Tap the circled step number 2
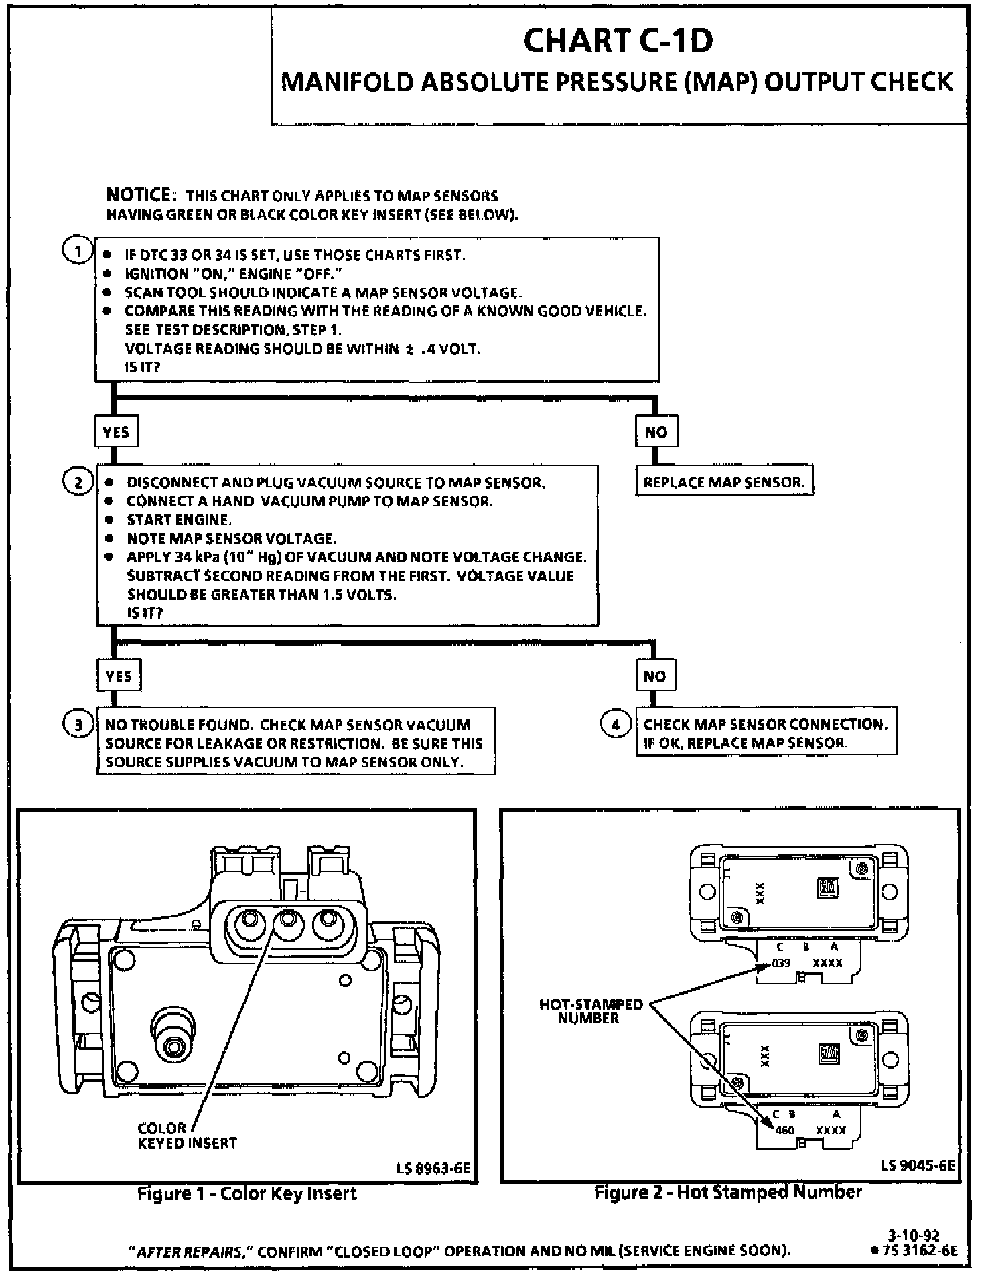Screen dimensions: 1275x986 point(78,482)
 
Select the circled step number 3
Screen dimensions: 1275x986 point(78,725)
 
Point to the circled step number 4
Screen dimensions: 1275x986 point(616,724)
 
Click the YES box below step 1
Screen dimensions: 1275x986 point(116,432)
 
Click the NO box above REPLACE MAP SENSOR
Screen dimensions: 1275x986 point(656,432)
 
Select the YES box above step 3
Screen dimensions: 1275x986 point(119,676)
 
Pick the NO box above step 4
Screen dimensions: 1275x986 point(655,676)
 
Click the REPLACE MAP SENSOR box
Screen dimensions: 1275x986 point(724,482)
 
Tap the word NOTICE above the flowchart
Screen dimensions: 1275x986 point(141,196)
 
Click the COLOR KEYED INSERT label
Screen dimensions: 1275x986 point(187,1135)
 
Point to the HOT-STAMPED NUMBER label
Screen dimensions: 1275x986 point(591,1011)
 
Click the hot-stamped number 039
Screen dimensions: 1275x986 point(781,963)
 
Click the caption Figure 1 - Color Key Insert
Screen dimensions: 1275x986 point(246,1193)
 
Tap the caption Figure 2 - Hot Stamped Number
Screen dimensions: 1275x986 point(728,1192)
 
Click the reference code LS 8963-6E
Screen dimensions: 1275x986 point(433,1168)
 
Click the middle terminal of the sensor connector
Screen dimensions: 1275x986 point(288,925)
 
